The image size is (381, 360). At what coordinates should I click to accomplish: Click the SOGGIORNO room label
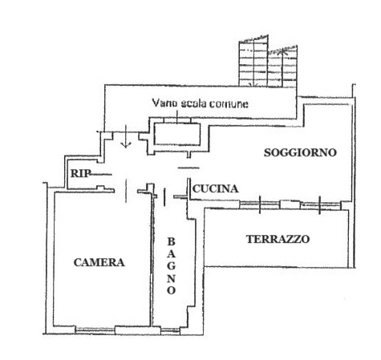pos(300,152)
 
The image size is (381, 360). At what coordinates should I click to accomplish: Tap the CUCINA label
pos(215,189)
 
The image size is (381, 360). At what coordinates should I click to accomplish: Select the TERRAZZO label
pos(278,239)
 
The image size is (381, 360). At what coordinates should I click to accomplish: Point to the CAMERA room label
pos(99,262)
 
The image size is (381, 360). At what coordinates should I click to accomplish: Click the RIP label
pos(80,173)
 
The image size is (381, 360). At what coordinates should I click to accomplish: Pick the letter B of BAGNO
pos(171,242)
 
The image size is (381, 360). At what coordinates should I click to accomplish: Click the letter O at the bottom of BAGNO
pos(171,290)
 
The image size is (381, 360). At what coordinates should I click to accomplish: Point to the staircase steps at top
pos(268,61)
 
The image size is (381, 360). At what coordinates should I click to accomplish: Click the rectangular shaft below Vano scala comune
pos(177,134)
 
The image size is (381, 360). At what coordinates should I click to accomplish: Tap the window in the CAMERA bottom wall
pos(95,330)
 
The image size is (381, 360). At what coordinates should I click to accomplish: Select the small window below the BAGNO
pos(170,331)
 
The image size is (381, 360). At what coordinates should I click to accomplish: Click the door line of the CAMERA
pos(126,191)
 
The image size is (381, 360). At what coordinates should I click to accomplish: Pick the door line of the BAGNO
pos(164,197)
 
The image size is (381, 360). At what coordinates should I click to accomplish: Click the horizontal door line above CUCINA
pos(188,168)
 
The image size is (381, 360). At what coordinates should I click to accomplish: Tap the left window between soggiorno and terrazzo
pos(260,204)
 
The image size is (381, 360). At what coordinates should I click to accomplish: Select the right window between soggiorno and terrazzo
pos(320,205)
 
